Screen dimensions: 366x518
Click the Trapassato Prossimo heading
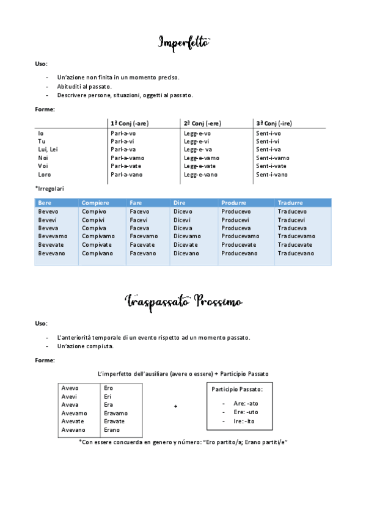(184, 301)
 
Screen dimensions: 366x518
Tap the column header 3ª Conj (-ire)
(274, 123)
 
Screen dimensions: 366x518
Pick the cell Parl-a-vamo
(126, 158)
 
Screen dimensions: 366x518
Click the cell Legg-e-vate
(200, 166)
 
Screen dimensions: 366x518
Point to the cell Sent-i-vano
(272, 175)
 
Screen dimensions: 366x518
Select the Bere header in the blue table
(45, 203)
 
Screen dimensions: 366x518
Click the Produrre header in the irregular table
(234, 203)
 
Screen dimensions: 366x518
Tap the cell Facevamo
(144, 236)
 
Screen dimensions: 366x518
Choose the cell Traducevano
(296, 253)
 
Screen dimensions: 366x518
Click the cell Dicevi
(182, 220)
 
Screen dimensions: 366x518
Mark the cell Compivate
(97, 244)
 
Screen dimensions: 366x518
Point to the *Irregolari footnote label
(49, 189)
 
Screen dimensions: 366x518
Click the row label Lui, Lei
(48, 149)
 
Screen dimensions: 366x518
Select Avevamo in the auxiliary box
(75, 413)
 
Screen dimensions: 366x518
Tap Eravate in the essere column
(114, 421)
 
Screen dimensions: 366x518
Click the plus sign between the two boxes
(176, 406)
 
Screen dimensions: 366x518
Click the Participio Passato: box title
(237, 389)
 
